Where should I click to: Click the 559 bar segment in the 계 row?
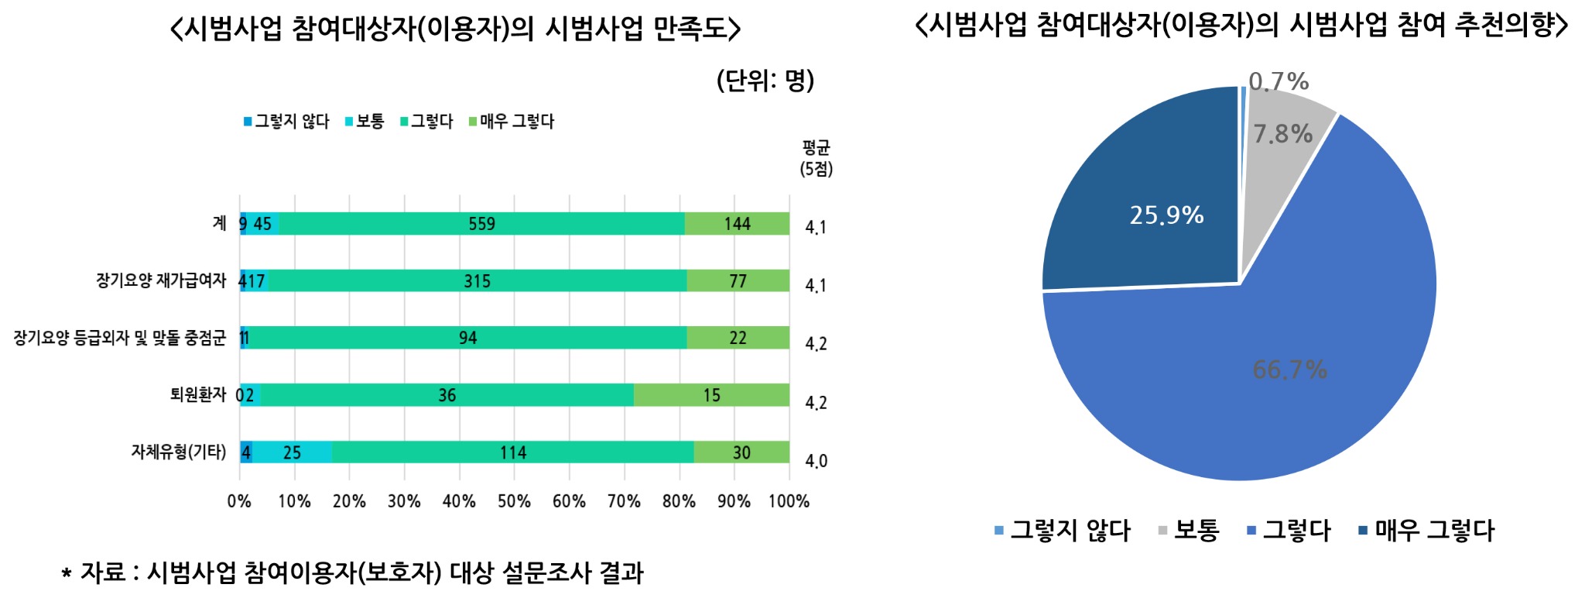click(481, 224)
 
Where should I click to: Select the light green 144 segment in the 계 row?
click(737, 224)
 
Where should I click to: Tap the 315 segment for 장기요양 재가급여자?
click(477, 281)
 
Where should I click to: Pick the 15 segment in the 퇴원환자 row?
click(711, 395)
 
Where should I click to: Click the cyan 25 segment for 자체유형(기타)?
click(292, 452)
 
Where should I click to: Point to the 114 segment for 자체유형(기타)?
click(512, 452)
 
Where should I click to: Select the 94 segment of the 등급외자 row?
click(467, 338)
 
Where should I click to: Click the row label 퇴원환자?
click(198, 395)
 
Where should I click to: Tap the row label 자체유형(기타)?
click(179, 452)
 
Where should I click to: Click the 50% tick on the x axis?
click(514, 501)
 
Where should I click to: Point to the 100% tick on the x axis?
click(789, 501)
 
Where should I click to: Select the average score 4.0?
click(816, 461)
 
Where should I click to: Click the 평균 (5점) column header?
click(816, 158)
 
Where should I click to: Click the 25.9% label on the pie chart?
click(1166, 215)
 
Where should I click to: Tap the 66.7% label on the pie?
click(1289, 370)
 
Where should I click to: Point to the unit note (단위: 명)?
click(765, 81)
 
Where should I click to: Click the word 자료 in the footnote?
click(102, 573)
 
